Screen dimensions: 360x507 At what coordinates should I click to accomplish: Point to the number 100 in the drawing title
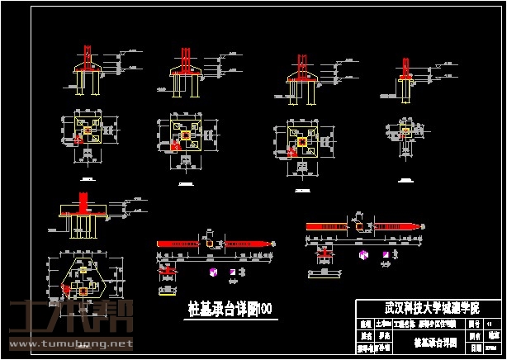[267, 310]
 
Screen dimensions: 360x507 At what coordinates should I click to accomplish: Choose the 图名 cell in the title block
[474, 336]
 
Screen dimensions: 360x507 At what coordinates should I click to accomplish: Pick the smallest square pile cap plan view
[405, 131]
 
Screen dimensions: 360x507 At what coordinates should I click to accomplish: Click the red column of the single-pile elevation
[405, 66]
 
